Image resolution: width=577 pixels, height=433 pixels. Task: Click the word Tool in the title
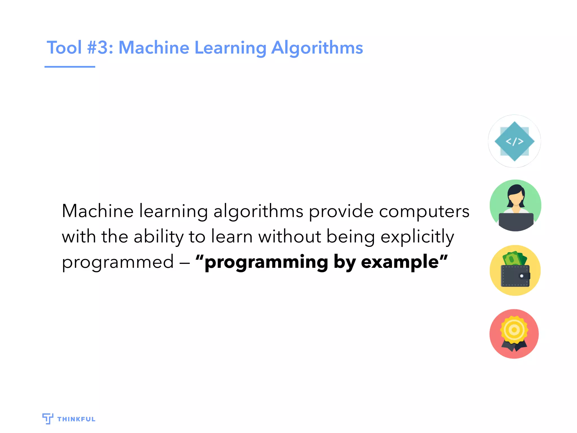[64, 47]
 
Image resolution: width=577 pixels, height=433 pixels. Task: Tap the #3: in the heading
[100, 47]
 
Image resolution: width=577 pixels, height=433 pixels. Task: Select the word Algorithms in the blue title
[317, 48]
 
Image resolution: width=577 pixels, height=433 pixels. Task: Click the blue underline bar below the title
[70, 67]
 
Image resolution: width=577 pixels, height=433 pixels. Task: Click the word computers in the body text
[424, 211]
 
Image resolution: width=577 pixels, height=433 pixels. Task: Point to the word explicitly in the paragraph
[417, 237]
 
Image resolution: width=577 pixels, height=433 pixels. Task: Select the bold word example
[400, 262]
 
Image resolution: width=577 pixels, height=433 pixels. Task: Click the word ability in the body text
[159, 237]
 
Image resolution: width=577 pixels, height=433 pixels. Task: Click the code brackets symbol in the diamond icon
[514, 141]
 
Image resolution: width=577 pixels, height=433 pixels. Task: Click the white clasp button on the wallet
[521, 276]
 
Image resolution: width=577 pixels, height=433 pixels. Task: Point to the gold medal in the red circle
[514, 330]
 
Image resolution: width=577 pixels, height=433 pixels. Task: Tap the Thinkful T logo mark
[48, 418]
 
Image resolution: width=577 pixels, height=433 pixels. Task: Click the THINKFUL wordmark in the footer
[76, 419]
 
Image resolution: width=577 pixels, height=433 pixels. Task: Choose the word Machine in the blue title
[154, 47]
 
